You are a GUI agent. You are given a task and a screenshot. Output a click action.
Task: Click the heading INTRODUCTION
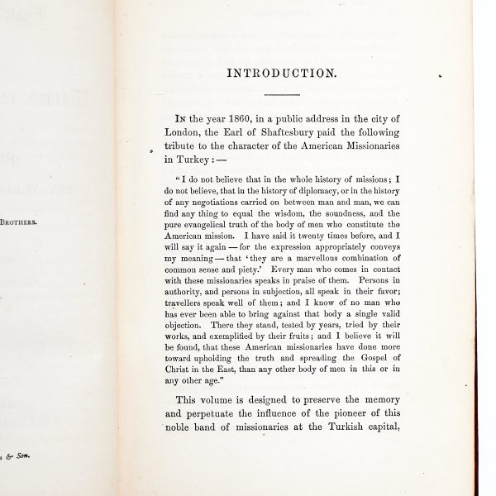282,73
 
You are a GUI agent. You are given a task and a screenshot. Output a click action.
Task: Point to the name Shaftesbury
285,134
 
